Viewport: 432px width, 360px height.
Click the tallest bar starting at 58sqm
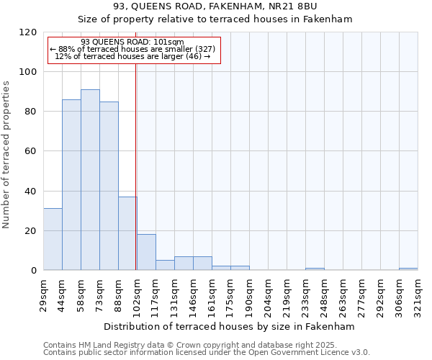(90, 180)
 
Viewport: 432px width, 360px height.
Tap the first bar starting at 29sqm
(53, 239)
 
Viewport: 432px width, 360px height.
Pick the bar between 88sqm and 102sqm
(127, 233)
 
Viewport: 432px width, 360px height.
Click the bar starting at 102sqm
(146, 252)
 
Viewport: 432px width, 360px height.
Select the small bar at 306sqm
(408, 269)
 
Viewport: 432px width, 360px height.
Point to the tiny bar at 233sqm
(315, 269)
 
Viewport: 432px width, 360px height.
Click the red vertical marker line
(136, 166)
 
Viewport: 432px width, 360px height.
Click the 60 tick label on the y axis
(30, 151)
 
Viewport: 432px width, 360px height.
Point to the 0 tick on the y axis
(33, 271)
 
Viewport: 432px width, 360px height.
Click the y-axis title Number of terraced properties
(6, 155)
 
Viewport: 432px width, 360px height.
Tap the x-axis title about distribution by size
(230, 326)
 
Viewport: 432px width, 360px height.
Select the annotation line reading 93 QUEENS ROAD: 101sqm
(132, 42)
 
